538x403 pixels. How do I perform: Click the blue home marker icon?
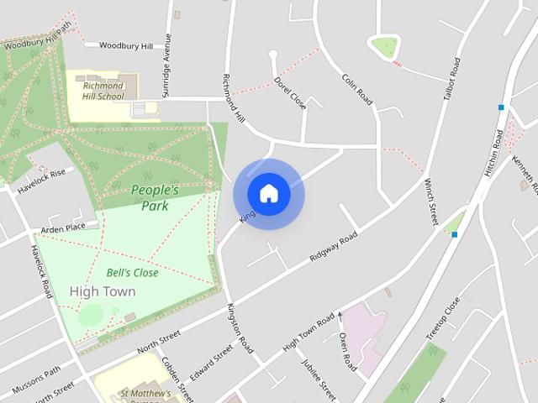point(269,194)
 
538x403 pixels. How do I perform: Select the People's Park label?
point(155,197)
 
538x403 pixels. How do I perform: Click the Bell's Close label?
point(133,273)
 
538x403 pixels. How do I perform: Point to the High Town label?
point(103,291)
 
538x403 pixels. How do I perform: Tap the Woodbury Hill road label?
point(126,45)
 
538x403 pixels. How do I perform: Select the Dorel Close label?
point(290,93)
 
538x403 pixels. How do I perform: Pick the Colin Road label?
point(357,88)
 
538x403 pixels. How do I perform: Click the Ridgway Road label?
point(334,247)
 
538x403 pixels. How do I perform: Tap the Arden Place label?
point(64,227)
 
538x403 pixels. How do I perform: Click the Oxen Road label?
point(347,351)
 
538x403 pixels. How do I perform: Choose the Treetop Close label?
point(442,317)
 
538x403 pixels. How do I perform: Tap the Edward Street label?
point(212,363)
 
